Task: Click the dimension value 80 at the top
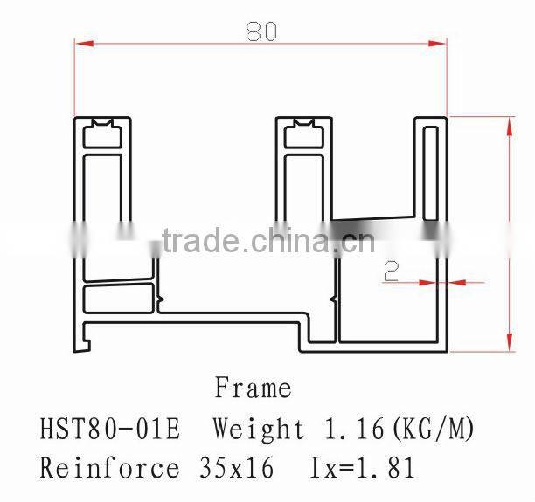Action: (x=261, y=31)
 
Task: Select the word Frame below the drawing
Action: (x=253, y=387)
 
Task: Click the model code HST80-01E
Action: (x=109, y=429)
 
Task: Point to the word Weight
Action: (x=260, y=429)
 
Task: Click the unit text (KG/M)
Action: (x=432, y=429)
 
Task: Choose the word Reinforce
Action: (x=108, y=468)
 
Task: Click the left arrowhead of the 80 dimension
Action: (x=81, y=44)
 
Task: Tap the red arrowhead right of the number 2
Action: (x=455, y=282)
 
